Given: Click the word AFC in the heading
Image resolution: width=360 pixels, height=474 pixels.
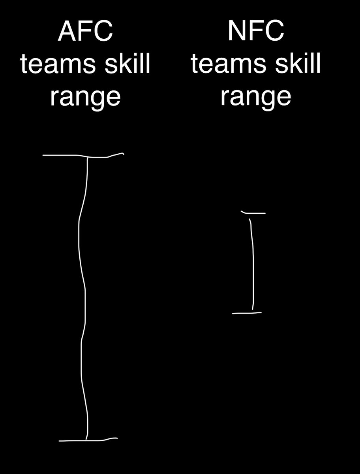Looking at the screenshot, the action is click(x=85, y=31).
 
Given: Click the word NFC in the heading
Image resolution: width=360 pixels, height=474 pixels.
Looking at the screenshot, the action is click(x=256, y=31).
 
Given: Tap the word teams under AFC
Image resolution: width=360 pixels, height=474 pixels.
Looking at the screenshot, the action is click(x=58, y=64).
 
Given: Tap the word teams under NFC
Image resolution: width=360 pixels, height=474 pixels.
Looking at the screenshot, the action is click(x=228, y=64).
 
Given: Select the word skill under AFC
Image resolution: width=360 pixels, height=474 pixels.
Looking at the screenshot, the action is click(x=127, y=63).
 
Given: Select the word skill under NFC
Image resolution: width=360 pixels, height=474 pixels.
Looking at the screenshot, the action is click(x=298, y=63).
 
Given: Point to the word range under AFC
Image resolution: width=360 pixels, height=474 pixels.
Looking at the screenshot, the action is click(x=85, y=98).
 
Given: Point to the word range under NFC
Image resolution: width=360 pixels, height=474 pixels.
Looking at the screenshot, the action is click(x=256, y=98).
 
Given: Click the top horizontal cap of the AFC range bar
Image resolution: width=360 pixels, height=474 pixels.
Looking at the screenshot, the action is click(x=83, y=156).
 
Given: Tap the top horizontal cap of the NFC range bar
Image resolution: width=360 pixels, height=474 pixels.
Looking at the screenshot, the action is click(x=253, y=213).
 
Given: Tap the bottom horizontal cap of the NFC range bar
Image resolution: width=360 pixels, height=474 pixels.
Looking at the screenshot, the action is click(x=247, y=313).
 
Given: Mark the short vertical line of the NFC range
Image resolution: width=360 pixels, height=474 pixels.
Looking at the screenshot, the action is click(x=253, y=265).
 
